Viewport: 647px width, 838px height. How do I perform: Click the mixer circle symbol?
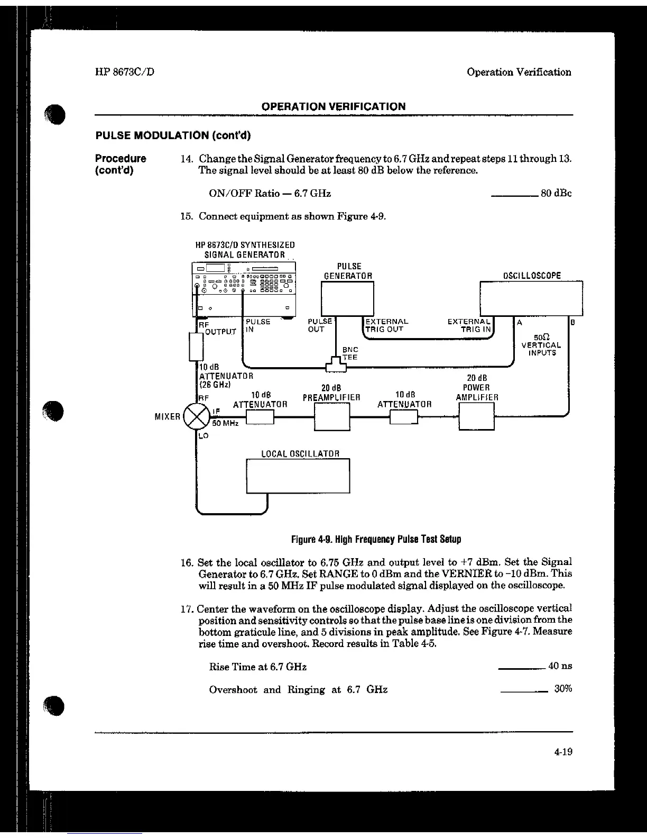(x=196, y=417)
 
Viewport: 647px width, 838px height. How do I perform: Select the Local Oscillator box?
(x=298, y=476)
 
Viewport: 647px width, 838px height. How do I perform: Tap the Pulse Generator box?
(x=348, y=299)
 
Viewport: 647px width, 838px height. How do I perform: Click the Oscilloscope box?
(x=531, y=298)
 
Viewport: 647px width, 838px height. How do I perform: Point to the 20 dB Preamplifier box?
(x=332, y=416)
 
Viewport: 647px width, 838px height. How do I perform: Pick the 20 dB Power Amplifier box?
(x=476, y=416)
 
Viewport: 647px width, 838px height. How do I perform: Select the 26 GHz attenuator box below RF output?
(x=196, y=347)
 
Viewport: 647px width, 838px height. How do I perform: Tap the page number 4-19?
(x=563, y=752)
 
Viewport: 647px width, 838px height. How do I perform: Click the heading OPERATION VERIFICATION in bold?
(x=334, y=106)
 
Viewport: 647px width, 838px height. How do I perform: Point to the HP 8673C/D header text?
(x=125, y=72)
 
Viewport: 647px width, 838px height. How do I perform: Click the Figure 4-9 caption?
(x=376, y=540)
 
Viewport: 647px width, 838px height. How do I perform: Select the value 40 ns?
(x=560, y=666)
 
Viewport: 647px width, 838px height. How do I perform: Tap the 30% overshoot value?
(x=562, y=689)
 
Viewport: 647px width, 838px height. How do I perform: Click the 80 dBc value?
(x=556, y=193)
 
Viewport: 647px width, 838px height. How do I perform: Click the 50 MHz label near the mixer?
(x=226, y=423)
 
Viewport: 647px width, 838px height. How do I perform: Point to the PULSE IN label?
(x=257, y=325)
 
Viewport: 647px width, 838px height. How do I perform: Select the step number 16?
(x=187, y=562)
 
